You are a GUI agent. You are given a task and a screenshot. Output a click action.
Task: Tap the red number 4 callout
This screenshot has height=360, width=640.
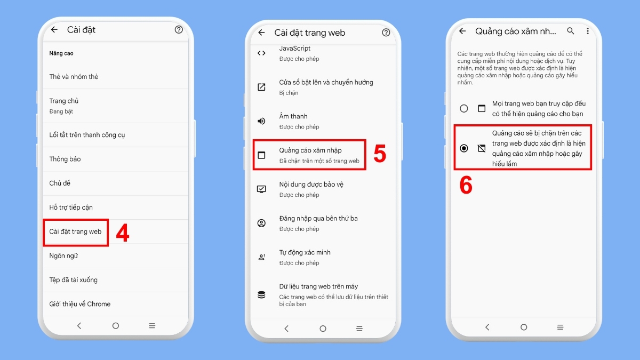[123, 233]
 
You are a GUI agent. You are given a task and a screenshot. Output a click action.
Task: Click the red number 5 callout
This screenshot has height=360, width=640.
[379, 154]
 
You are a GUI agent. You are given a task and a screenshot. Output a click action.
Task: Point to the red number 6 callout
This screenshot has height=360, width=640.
[466, 186]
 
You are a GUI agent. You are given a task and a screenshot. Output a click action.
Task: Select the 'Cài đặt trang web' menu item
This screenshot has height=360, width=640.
[75, 231]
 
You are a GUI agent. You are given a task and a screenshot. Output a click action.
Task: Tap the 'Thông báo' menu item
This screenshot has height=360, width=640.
[65, 159]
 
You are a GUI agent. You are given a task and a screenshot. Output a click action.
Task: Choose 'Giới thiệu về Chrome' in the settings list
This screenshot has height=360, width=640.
[80, 304]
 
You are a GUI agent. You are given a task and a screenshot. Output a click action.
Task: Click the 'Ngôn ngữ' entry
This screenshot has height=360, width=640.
[63, 255]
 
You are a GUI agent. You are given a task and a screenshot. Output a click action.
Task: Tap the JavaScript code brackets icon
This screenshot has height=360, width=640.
[261, 53]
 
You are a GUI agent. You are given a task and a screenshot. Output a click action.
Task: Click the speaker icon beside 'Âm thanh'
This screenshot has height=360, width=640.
[261, 121]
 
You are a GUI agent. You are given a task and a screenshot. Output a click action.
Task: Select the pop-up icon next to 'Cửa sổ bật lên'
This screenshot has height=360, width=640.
[261, 87]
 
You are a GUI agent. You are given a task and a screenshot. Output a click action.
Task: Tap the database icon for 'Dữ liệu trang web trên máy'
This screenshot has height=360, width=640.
[261, 294]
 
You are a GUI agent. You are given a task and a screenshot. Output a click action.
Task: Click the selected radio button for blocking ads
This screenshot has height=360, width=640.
[464, 148]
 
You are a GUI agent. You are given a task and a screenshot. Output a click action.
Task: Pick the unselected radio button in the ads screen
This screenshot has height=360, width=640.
[464, 108]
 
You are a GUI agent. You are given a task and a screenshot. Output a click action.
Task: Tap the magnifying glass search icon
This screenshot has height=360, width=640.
[571, 31]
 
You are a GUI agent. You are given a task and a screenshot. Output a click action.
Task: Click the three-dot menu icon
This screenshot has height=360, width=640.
[588, 31]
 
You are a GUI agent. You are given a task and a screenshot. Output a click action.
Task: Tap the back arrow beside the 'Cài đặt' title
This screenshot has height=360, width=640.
[54, 30]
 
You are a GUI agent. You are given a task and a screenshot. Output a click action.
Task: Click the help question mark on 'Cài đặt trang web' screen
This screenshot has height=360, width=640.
[386, 33]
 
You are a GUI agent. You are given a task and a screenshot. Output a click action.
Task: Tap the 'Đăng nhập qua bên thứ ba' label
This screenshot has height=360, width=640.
[318, 218]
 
